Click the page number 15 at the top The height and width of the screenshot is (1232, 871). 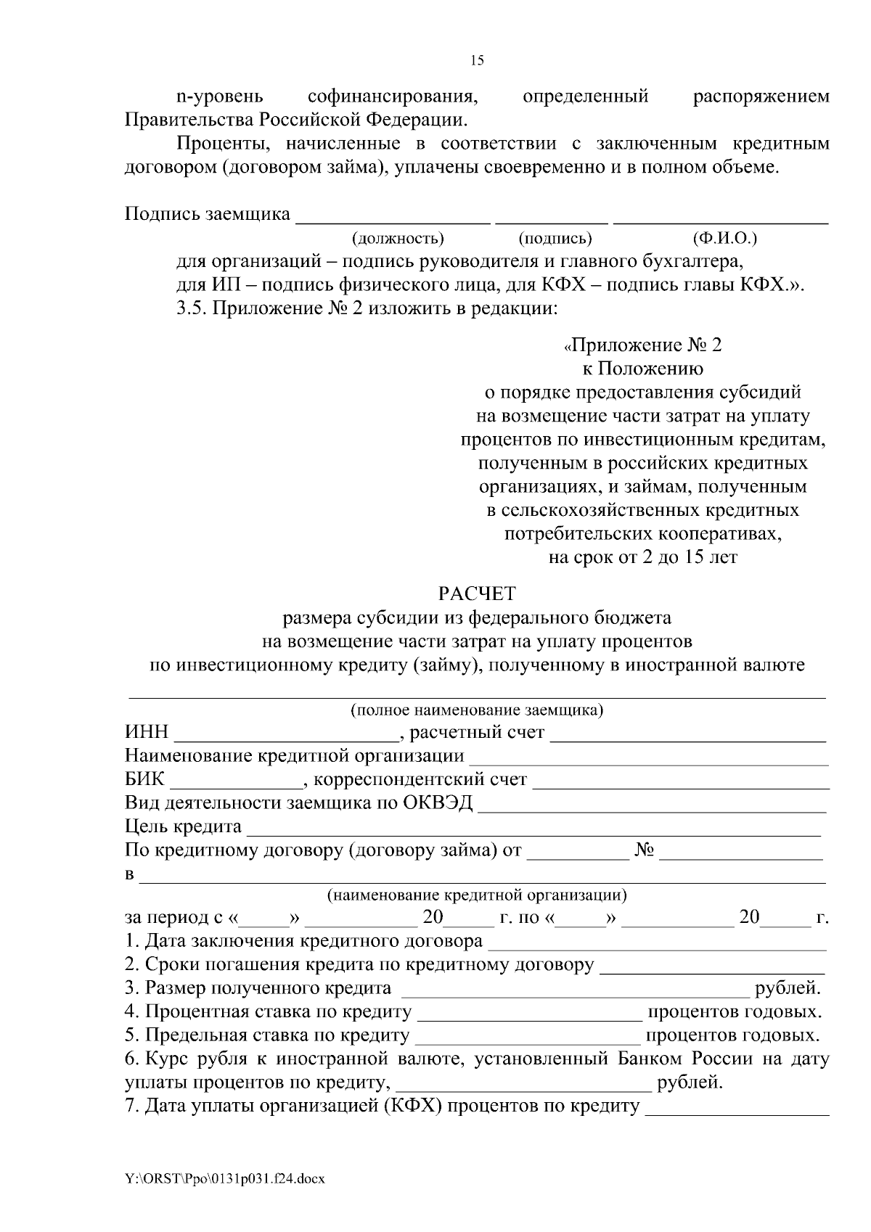click(477, 61)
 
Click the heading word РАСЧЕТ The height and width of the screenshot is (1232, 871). click(477, 594)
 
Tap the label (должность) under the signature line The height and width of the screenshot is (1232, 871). click(397, 239)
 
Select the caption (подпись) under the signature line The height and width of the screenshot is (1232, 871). click(555, 239)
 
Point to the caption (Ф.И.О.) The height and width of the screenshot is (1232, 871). click(725, 238)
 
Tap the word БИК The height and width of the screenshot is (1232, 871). click(145, 781)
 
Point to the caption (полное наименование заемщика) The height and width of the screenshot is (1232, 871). click(477, 710)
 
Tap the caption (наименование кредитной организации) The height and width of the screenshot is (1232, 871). click(477, 895)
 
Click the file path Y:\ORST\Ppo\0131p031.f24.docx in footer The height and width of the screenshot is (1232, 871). click(224, 1179)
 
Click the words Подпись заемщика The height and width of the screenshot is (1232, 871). click(208, 215)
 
